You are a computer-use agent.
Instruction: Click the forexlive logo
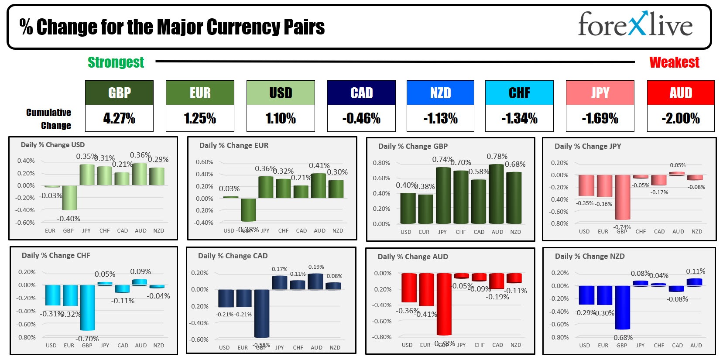pos(635,24)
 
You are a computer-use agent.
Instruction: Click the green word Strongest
pos(116,62)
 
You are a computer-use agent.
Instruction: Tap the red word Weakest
pos(674,62)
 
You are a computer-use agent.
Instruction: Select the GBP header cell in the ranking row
pos(119,93)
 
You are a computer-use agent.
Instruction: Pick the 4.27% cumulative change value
pos(119,118)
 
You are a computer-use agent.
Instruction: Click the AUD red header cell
pos(681,93)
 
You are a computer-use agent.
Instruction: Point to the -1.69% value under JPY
pos(600,118)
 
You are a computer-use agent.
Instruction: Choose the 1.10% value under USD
pos(281,118)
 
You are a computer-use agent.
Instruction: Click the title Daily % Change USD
pos(53,145)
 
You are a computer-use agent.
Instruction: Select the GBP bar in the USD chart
pos(69,197)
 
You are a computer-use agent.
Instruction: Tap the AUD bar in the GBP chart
pos(497,194)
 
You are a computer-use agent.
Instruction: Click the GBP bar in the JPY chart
pos(622,197)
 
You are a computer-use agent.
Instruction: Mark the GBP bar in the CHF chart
pos(87,307)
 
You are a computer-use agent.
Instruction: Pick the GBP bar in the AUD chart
pos(444,304)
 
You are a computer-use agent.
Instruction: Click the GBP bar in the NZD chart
pos(622,307)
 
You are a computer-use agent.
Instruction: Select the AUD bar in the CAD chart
pos(315,281)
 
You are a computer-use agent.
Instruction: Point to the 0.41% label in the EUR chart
pos(319,166)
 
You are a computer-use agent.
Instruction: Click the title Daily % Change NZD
pos(589,256)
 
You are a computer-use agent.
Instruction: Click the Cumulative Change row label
pos(48,119)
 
